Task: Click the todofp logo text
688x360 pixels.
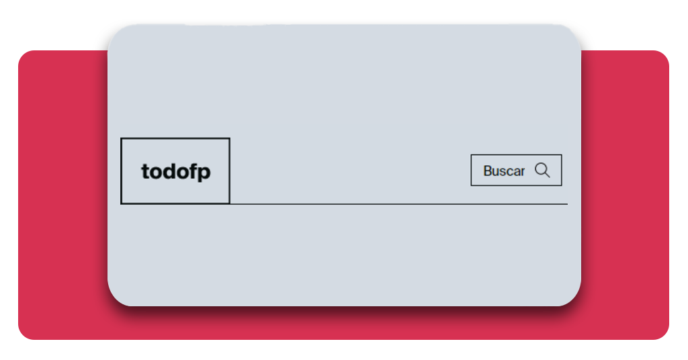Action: click(176, 171)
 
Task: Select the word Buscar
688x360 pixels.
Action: click(504, 171)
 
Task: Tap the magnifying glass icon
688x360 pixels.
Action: click(542, 170)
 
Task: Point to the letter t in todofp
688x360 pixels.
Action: click(145, 171)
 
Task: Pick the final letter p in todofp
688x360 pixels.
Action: click(204, 173)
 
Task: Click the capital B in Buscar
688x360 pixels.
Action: click(488, 171)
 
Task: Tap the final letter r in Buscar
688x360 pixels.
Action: click(522, 172)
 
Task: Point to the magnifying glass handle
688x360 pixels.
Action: click(547, 174)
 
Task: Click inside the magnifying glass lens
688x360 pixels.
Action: click(541, 169)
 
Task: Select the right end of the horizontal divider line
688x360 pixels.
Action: click(567, 204)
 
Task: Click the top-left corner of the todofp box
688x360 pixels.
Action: click(122, 138)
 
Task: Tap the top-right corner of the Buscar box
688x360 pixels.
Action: click(561, 154)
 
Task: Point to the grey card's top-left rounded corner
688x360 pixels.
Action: click(115, 32)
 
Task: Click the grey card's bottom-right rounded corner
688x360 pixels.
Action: click(574, 299)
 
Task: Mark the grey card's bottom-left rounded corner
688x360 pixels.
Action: click(115, 299)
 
